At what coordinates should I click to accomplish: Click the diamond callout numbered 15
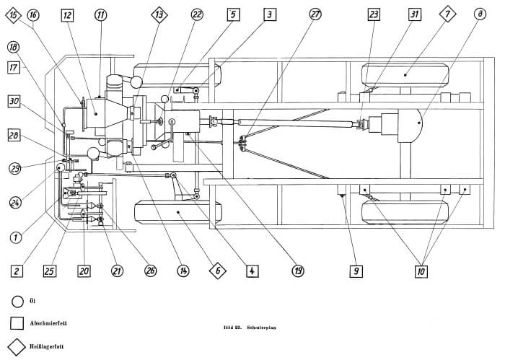(12, 14)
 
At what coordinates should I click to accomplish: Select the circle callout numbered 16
(33, 14)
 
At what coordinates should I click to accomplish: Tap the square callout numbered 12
(67, 14)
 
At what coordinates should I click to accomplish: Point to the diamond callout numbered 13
(159, 14)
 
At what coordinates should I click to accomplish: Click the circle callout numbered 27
(315, 14)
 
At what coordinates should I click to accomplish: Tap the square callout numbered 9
(356, 271)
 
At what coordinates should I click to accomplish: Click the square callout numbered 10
(421, 271)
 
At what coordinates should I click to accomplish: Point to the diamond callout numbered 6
(217, 271)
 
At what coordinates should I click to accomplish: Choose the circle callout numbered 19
(298, 271)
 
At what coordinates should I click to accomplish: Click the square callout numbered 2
(17, 271)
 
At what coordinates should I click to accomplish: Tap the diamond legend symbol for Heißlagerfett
(17, 346)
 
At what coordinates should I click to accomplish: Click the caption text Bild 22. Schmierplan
(252, 328)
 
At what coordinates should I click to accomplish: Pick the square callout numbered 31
(413, 14)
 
